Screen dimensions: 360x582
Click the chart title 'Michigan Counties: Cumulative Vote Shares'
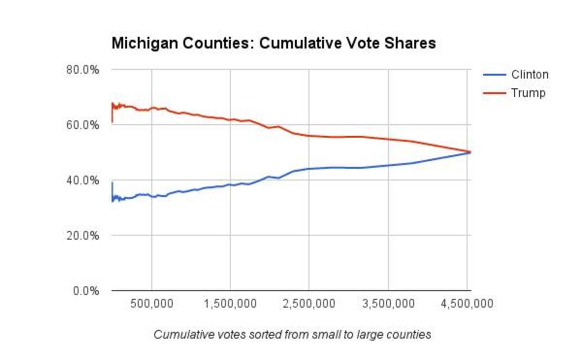point(274,44)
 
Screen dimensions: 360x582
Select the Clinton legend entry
point(530,75)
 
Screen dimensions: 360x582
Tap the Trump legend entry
point(528,93)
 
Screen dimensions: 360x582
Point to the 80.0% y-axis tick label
point(82,69)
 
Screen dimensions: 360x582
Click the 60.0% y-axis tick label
point(82,125)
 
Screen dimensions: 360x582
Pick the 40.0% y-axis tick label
point(82,180)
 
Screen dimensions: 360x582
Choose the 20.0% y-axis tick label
point(82,235)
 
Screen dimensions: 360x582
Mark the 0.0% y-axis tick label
point(84,291)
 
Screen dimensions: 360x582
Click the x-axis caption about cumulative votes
point(292,335)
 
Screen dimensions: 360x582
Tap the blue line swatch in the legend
point(494,75)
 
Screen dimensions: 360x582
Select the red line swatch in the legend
point(494,93)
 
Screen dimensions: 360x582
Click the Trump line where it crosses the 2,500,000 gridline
point(309,136)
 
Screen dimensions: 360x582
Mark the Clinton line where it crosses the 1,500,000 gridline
point(230,185)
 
